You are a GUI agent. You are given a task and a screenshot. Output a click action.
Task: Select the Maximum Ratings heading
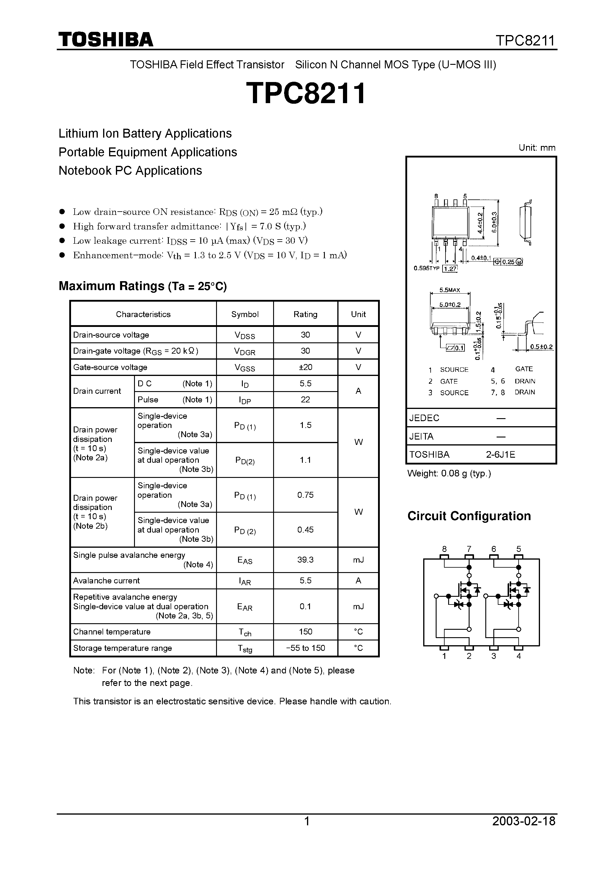point(142,286)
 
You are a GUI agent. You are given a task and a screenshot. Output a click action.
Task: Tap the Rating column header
point(305,314)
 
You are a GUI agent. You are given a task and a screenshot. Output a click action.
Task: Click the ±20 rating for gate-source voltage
point(305,367)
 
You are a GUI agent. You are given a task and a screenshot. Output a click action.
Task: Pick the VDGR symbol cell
point(245,351)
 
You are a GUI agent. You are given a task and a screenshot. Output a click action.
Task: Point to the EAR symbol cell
point(245,607)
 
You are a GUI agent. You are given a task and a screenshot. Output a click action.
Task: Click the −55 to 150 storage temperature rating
point(305,648)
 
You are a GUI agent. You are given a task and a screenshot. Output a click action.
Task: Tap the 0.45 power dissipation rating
point(305,530)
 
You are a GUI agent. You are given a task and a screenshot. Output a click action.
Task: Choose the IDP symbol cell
point(245,400)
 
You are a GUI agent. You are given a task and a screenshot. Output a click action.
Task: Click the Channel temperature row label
point(112,632)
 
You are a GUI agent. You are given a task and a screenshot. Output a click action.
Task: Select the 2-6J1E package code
point(500,454)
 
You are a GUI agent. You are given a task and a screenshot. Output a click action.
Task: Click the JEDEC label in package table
point(424,418)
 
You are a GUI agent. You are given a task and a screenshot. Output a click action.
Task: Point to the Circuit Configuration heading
point(469,516)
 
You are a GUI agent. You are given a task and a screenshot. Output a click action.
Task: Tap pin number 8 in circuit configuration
point(444,549)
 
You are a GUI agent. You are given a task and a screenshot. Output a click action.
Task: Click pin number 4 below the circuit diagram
point(519,656)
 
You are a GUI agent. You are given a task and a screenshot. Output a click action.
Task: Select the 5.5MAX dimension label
point(450,290)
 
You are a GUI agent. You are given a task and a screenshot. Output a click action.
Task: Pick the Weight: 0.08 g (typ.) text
point(449,473)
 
